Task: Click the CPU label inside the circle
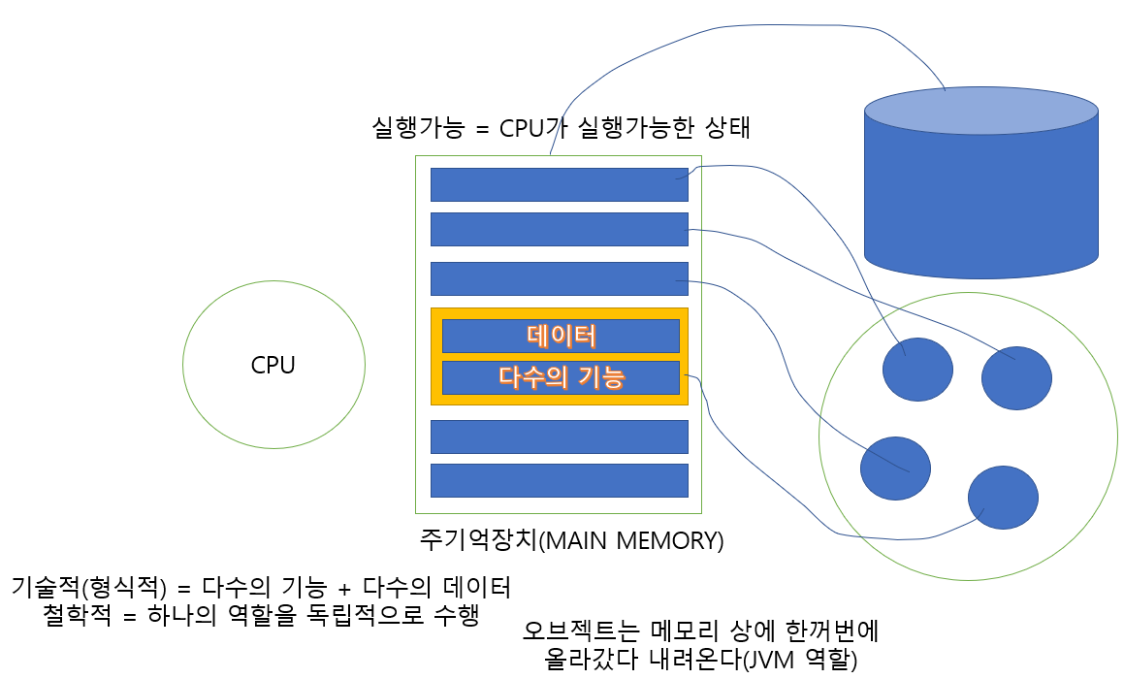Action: [x=273, y=366]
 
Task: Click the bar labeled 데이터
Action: [x=561, y=336]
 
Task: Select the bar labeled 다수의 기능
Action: [x=561, y=377]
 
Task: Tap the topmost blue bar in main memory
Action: [x=559, y=184]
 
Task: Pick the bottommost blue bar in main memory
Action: [x=559, y=480]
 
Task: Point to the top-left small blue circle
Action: [x=917, y=370]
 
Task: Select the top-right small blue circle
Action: [x=1016, y=378]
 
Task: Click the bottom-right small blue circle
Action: [x=1003, y=498]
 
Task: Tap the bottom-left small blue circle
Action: [x=895, y=469]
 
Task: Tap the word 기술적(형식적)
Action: [x=88, y=587]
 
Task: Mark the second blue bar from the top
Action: [x=559, y=229]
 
